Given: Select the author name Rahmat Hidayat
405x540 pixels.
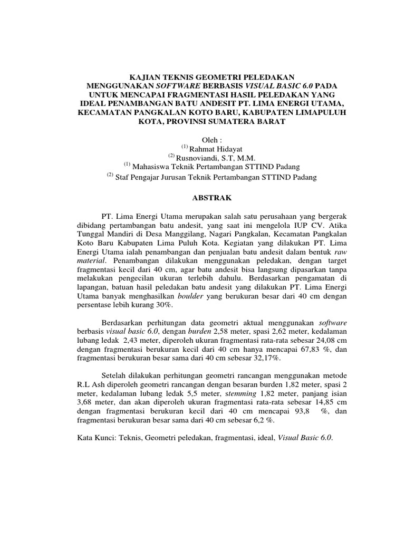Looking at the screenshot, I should [x=213, y=148].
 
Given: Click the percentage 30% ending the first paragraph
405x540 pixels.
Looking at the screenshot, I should [x=163, y=306].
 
